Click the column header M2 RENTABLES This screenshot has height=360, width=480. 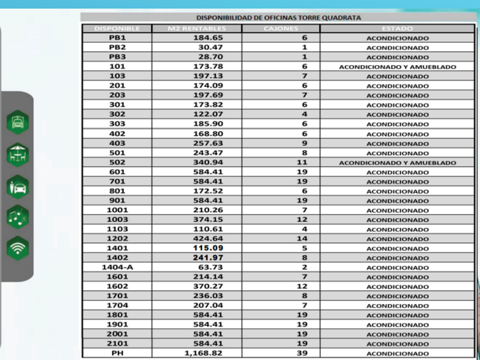point(197,29)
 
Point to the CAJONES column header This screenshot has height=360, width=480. point(281,29)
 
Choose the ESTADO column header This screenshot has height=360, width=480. point(397,29)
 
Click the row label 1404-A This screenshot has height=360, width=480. point(117,267)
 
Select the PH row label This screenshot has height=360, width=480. point(117,353)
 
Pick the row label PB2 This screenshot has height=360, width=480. point(117,47)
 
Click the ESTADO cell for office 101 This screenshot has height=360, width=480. point(397,67)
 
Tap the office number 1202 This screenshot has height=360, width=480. point(117,239)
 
